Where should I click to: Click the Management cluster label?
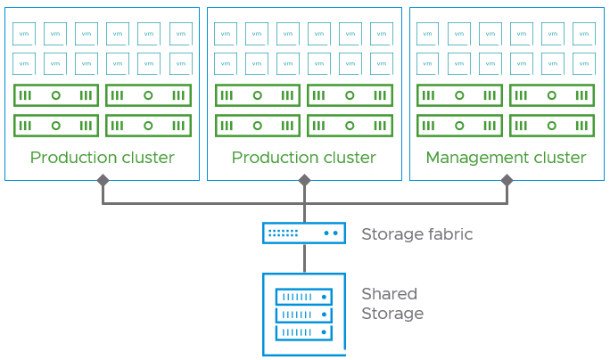tap(506, 158)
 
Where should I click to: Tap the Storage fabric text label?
tap(416, 234)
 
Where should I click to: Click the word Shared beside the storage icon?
tap(389, 294)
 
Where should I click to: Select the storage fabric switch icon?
tap(304, 233)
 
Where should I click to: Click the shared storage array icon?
tap(304, 314)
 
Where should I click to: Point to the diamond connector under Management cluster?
tap(507, 180)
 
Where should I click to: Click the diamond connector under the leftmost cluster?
tap(103, 180)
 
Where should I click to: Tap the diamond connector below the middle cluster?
tap(304, 180)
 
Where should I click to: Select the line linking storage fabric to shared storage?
tap(304, 258)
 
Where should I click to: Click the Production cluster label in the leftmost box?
tap(102, 158)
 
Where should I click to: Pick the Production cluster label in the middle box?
tap(303, 158)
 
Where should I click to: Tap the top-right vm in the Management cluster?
tap(584, 34)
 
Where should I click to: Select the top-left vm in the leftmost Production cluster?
tap(24, 34)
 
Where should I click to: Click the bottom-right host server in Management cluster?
tap(552, 126)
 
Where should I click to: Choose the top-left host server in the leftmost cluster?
tap(56, 95)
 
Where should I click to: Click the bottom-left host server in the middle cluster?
tap(258, 126)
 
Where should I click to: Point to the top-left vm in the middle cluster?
tap(226, 34)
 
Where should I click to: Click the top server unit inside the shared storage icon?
tap(304, 297)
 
